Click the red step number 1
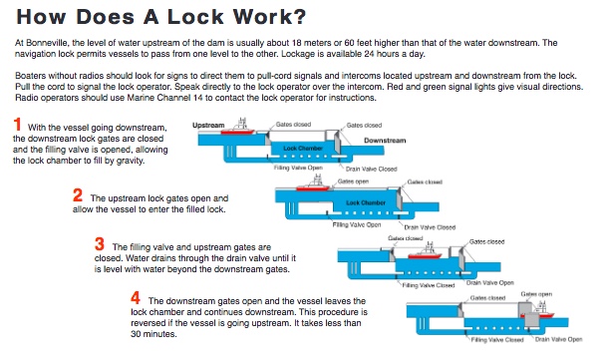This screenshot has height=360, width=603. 17,125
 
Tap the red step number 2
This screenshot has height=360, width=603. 78,195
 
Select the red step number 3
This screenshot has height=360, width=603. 100,244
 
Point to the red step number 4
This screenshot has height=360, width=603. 136,298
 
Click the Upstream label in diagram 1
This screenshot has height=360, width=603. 208,125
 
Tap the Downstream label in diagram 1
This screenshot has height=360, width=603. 385,141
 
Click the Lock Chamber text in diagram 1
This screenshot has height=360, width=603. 303,148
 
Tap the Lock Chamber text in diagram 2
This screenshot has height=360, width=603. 366,202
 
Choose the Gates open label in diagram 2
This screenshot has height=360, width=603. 353,181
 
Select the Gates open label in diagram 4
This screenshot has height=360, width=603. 536,294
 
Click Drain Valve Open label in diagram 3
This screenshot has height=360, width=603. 490,282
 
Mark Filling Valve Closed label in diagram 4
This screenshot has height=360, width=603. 497,340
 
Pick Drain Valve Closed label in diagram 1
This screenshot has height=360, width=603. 371,169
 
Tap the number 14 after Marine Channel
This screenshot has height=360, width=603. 197,98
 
